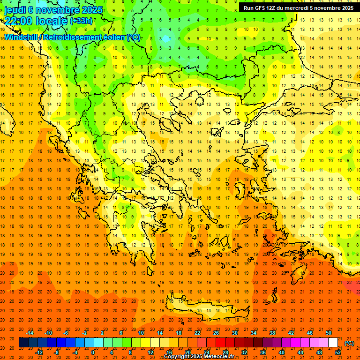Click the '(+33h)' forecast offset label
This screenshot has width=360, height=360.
tap(81, 21)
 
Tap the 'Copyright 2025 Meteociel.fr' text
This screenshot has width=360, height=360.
tap(199, 356)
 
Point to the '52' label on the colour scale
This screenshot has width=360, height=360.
tap(337, 352)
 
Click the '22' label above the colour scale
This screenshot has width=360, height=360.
tap(197, 333)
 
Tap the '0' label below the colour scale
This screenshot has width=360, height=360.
tap(93, 352)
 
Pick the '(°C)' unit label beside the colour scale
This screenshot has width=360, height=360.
tap(349, 343)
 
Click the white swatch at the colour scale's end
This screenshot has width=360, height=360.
tap(333, 343)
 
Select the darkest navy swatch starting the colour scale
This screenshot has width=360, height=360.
tap(23, 343)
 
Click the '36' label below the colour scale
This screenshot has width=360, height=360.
tap(262, 352)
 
